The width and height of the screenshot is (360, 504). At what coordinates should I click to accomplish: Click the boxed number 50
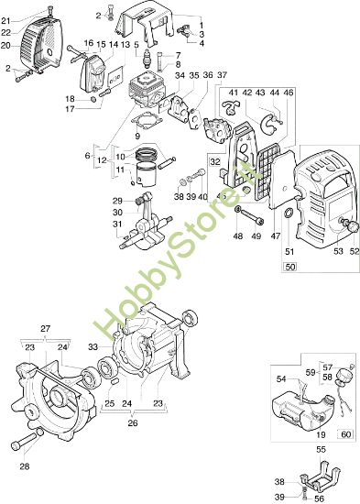point(289,267)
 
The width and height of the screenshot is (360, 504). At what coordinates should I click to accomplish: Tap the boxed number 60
point(346,433)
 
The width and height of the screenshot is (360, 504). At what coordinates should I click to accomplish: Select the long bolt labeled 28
point(27,446)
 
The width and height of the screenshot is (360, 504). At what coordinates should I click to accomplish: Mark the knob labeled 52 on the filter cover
point(347,224)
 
